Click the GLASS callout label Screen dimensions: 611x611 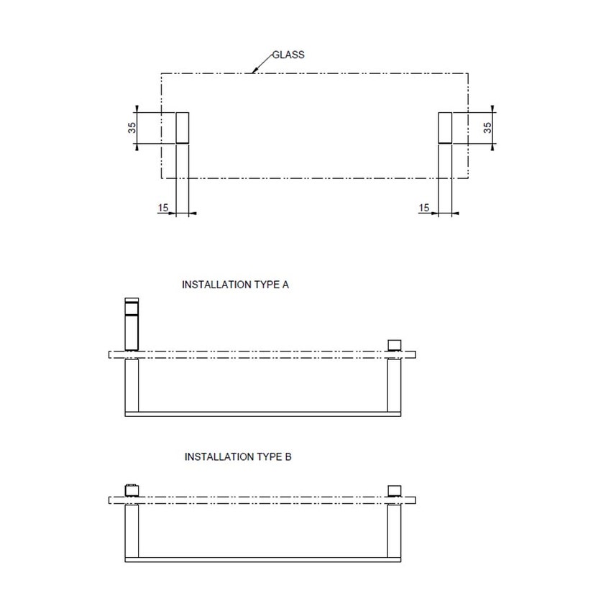[289, 55]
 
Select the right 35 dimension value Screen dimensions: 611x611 [487, 128]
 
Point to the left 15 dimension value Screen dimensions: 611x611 [162, 208]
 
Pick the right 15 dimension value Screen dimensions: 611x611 [423, 208]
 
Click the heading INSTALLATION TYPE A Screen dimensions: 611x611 [235, 285]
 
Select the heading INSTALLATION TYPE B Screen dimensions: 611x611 [238, 456]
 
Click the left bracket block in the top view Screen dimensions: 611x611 [183, 128]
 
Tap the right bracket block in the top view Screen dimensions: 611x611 [446, 128]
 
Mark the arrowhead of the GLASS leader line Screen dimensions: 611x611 [254, 71]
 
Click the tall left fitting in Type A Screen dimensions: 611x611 [132, 323]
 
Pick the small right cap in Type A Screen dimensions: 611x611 [392, 344]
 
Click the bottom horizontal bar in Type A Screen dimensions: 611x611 [263, 415]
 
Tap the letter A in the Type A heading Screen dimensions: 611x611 [285, 285]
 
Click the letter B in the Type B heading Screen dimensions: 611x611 [288, 456]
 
